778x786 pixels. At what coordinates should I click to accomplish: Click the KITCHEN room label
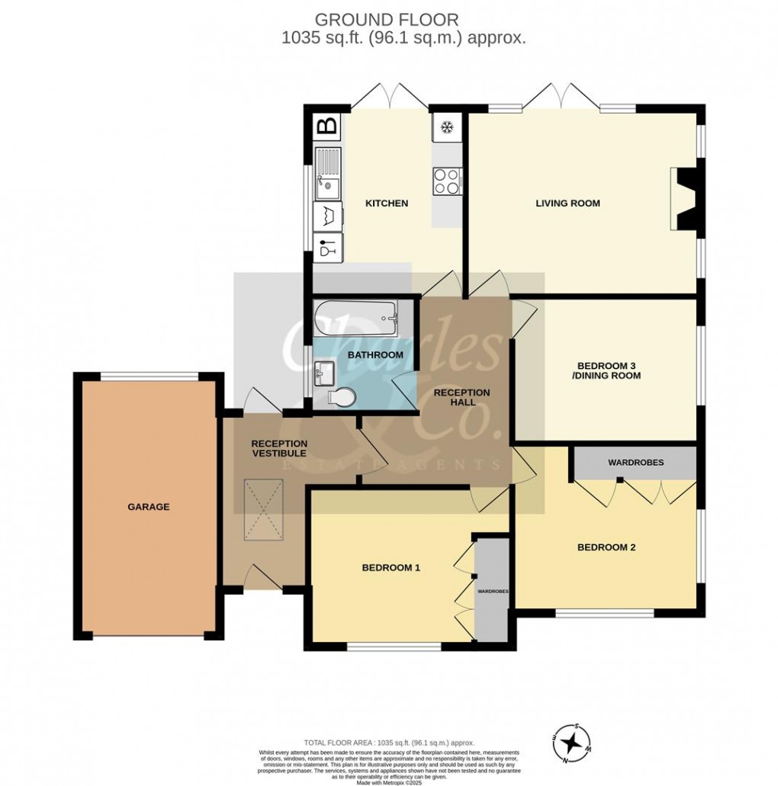tap(387, 204)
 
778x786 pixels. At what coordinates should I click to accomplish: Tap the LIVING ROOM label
tap(567, 203)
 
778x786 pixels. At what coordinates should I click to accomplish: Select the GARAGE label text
tap(149, 506)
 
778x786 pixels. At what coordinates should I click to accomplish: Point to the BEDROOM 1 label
tap(391, 567)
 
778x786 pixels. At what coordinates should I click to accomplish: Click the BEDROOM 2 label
tap(606, 547)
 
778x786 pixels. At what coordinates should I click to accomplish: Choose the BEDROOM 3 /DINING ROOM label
tap(608, 371)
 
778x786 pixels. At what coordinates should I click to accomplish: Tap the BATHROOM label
tap(375, 355)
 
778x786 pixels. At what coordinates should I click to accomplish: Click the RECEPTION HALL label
tap(461, 397)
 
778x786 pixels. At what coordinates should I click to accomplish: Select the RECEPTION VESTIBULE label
tap(279, 448)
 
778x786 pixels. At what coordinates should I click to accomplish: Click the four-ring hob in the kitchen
tap(446, 181)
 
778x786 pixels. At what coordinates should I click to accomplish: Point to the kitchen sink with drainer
tap(328, 173)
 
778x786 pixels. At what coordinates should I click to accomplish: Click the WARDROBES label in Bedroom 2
tap(635, 463)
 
